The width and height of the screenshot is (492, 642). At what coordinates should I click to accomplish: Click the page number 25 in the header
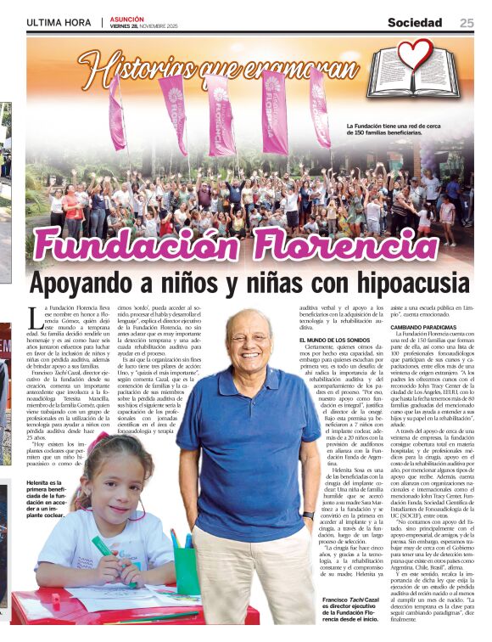point(467,23)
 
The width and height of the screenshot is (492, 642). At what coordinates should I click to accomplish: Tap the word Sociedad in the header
point(415,23)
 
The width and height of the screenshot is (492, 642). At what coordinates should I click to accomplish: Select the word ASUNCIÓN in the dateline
point(127,19)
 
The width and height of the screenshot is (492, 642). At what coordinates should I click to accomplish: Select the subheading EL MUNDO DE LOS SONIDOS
point(337,341)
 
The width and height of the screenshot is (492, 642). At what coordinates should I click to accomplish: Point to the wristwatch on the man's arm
point(308,515)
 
